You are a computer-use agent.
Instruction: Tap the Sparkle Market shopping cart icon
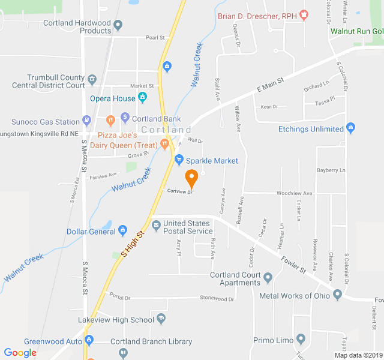[178, 160]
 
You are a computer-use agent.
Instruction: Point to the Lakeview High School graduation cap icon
[161, 319]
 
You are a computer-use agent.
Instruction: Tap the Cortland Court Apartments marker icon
[268, 277]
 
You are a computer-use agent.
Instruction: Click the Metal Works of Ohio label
[294, 295]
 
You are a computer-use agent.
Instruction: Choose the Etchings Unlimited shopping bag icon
[351, 128]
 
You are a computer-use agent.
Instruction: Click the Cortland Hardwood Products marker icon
[118, 25]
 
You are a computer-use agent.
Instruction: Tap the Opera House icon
[142, 97]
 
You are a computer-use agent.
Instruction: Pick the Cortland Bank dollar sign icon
[125, 117]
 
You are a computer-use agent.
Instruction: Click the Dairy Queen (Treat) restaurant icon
[164, 143]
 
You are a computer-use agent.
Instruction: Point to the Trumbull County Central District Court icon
[92, 79]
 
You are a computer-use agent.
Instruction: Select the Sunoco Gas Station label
[45, 122]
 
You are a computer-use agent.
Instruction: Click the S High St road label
[133, 245]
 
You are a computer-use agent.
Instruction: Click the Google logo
[20, 353]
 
